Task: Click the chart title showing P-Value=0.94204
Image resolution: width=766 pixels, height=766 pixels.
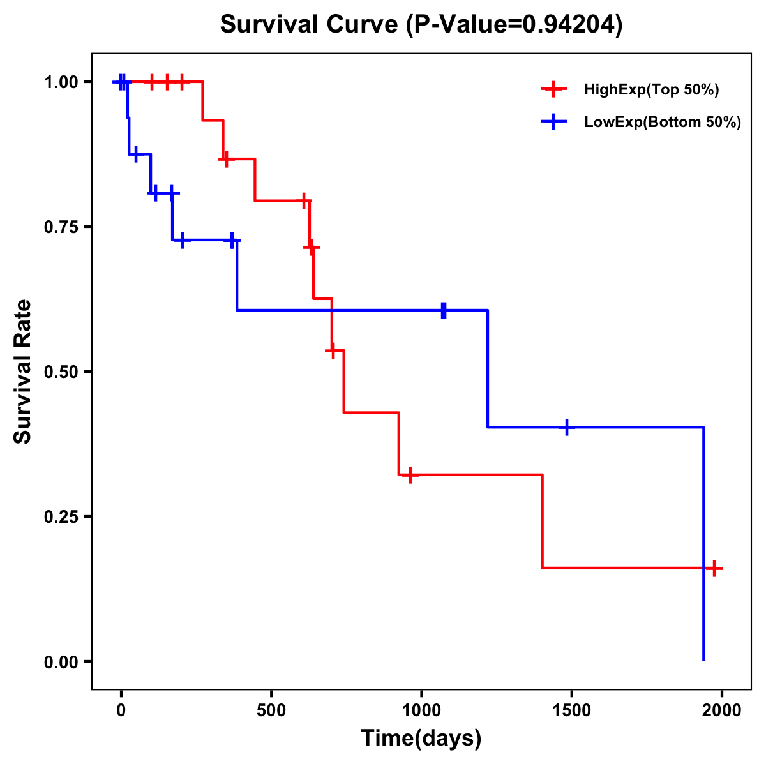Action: (x=421, y=25)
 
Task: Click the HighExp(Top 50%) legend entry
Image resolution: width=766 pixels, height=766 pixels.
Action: (x=651, y=90)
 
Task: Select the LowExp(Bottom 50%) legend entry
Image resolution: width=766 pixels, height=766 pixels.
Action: (x=662, y=123)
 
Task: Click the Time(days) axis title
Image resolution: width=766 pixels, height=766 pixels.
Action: (x=421, y=739)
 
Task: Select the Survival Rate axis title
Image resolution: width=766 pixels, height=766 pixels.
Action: (x=23, y=372)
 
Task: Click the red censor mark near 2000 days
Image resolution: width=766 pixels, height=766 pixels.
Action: (x=714, y=568)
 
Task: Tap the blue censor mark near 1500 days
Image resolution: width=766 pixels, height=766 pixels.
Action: (x=566, y=427)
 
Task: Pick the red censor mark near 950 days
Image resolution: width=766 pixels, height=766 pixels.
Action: (x=410, y=475)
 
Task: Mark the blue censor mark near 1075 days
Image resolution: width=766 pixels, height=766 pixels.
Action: (x=444, y=310)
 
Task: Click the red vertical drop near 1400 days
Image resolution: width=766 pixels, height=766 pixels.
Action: (x=543, y=521)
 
